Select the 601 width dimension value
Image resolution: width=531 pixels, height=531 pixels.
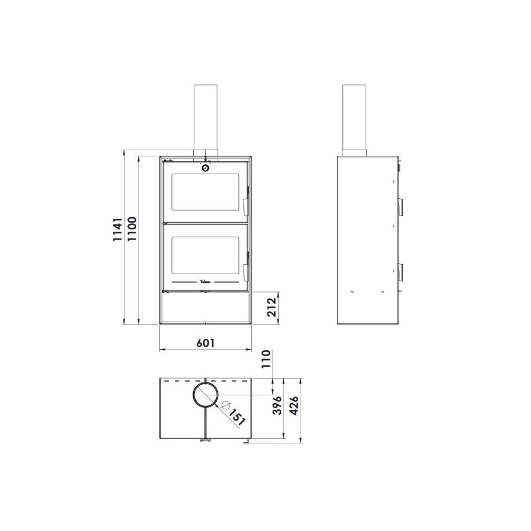click(205, 343)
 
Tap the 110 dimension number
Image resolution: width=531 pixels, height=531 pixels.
click(266, 358)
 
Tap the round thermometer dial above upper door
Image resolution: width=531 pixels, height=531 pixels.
click(205, 168)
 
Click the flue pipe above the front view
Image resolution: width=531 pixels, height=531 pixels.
click(205, 117)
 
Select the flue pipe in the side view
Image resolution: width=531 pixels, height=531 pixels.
click(354, 117)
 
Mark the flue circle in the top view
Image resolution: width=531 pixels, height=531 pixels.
click(206, 395)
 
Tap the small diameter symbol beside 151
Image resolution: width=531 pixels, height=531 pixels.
click(225, 404)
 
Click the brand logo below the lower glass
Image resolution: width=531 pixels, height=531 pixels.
click(205, 283)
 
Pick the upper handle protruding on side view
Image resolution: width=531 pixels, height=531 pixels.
click(401, 205)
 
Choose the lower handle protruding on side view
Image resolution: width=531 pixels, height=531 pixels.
click(401, 270)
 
